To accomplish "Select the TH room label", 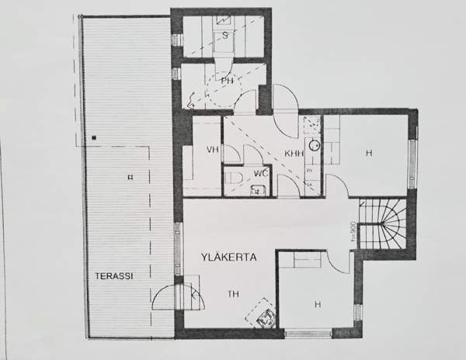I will (233, 293).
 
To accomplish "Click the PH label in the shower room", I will (227, 80).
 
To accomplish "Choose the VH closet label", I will (210, 150).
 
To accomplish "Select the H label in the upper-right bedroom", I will (368, 153).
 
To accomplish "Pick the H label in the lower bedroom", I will (318, 304).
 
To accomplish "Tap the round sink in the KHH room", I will (314, 145).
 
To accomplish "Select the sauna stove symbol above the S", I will (224, 19).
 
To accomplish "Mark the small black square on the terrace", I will (94, 137).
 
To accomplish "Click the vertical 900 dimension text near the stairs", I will (352, 235).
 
